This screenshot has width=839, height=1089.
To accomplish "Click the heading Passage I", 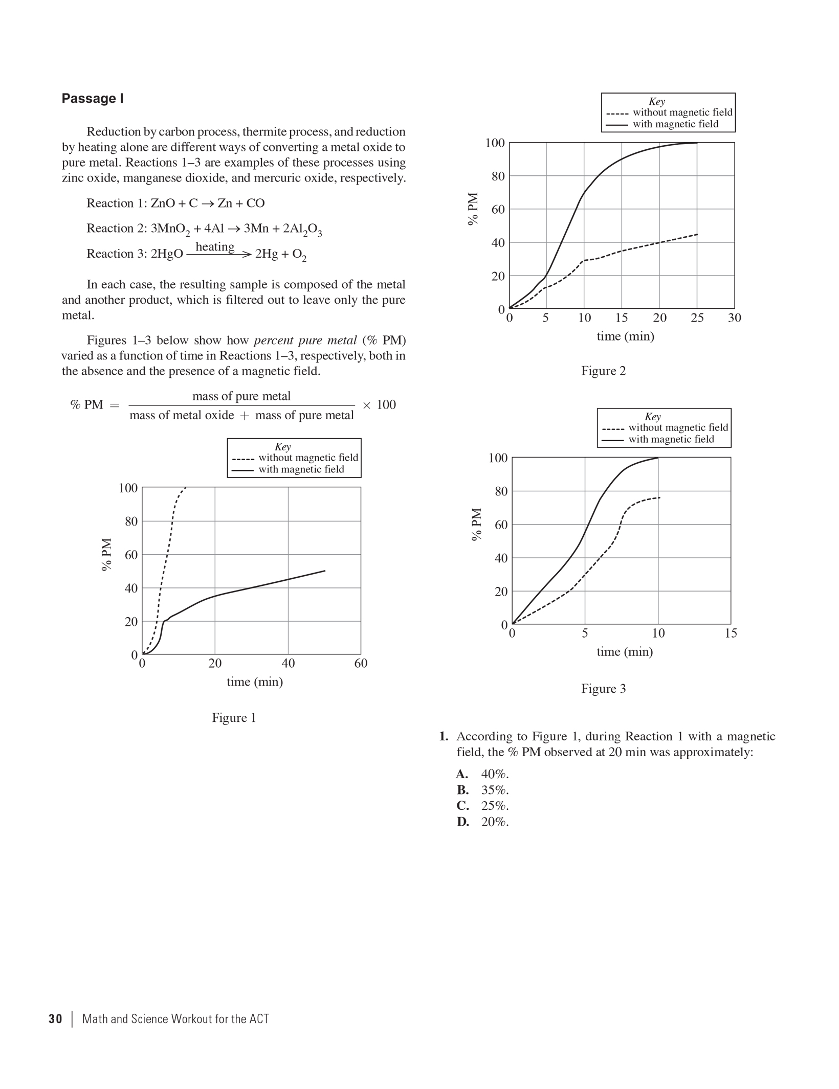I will click(93, 99).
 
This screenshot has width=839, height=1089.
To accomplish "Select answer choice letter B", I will click(462, 790).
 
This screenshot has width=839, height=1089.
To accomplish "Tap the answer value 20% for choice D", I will click(495, 822).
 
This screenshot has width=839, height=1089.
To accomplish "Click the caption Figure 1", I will click(234, 718).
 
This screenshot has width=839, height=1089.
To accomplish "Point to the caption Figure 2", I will click(603, 371).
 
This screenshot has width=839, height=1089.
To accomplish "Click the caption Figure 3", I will click(603, 689).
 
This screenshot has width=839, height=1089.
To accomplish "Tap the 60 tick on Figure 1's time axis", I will click(361, 664).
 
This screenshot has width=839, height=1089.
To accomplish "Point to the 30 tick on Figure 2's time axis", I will click(734, 318).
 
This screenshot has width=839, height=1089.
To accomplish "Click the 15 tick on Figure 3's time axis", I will click(731, 633).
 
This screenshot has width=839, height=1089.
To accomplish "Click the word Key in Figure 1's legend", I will click(282, 447).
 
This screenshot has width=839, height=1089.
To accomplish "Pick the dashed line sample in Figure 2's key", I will click(617, 113).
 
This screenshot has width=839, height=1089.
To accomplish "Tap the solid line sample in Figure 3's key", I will click(612, 440).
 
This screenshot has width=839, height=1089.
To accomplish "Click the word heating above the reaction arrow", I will click(215, 246).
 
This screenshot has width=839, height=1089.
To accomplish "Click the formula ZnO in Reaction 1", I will click(162, 203).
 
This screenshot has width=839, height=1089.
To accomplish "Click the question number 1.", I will click(444, 736).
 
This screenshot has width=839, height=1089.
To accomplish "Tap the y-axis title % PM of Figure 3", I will click(477, 524).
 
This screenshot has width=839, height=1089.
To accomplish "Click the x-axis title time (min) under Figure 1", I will click(255, 682).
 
